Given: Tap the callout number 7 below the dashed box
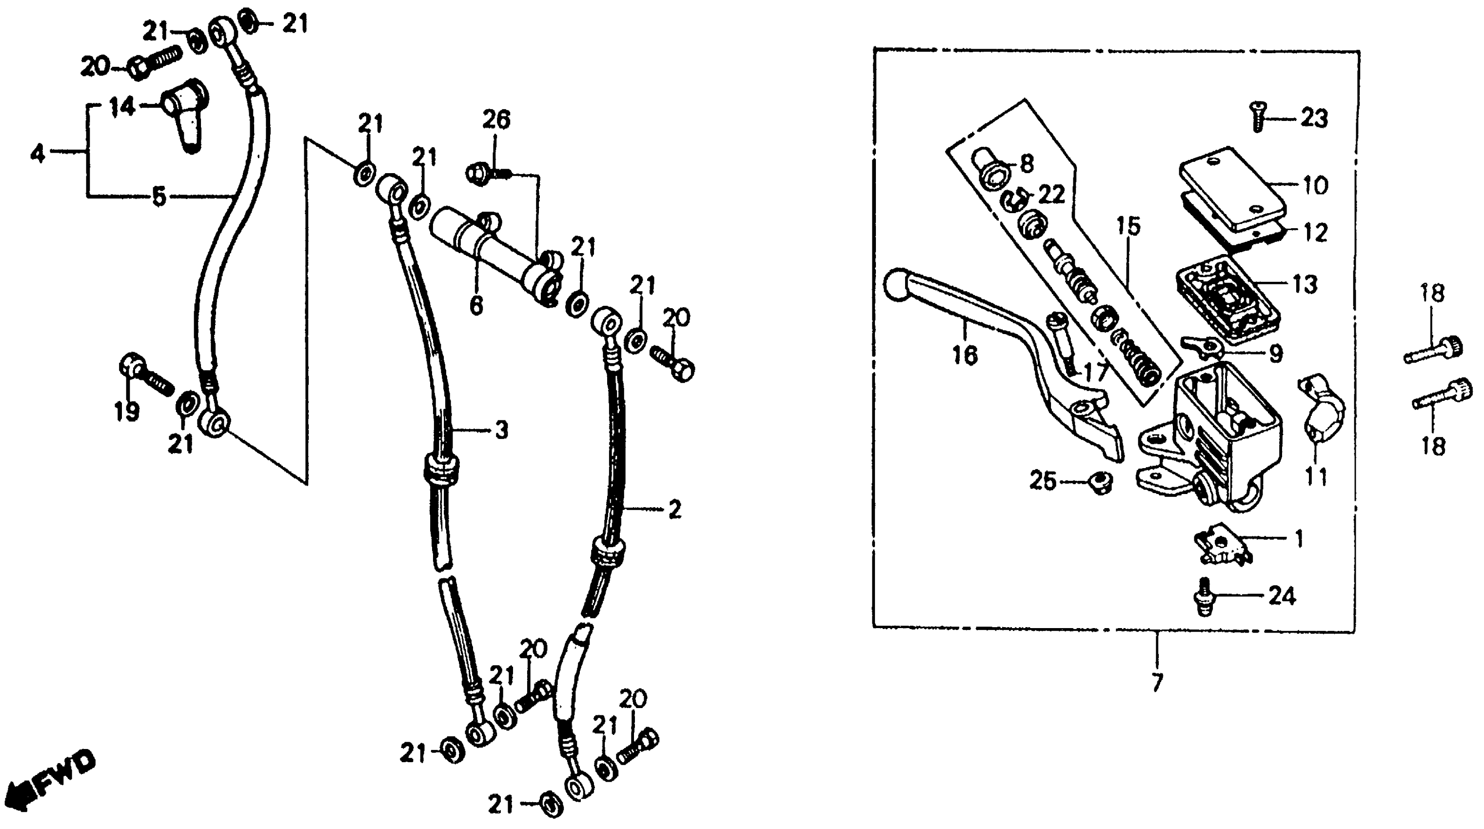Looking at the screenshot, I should [1157, 682].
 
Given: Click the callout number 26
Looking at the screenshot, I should [496, 120].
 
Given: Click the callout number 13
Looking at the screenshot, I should [1305, 285].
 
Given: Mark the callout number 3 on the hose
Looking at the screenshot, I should [501, 430].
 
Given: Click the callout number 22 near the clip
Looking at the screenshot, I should [1051, 195].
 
